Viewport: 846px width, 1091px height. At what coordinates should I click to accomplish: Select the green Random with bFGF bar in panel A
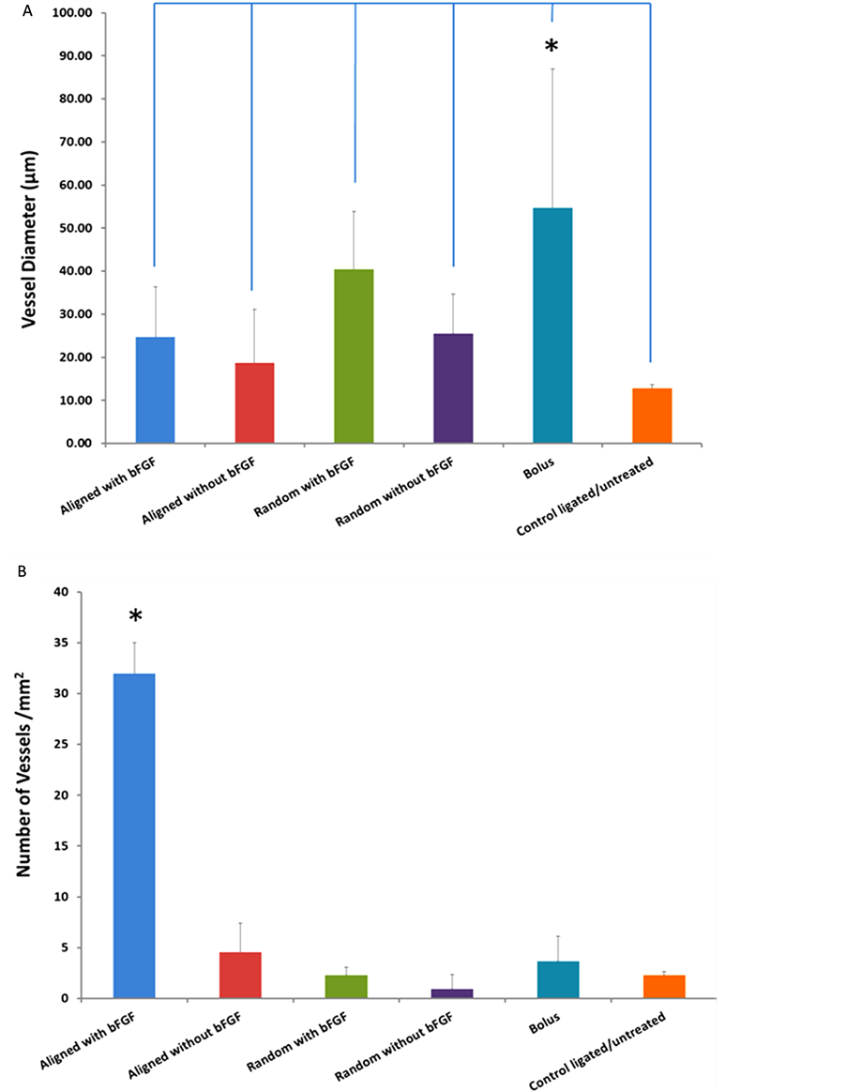[354, 356]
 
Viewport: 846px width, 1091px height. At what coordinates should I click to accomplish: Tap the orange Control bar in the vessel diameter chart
[652, 416]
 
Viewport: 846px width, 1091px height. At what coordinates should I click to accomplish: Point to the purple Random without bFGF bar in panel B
[452, 993]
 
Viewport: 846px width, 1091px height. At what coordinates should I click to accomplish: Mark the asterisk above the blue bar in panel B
[136, 617]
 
